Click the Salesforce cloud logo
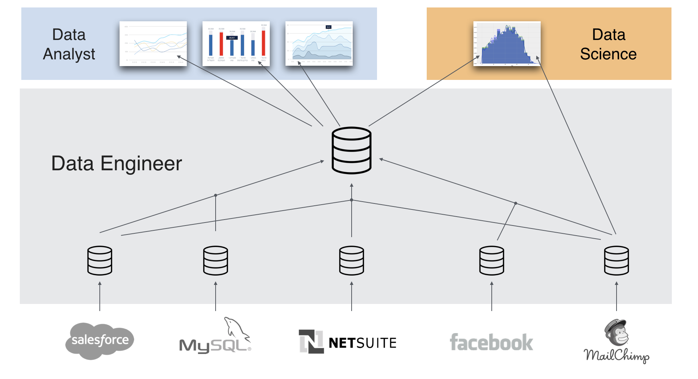[x=99, y=341]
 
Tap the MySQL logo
[x=216, y=338]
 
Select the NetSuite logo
[x=348, y=342]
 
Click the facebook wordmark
[x=491, y=342]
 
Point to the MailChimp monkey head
[x=617, y=332]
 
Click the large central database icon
[x=351, y=150]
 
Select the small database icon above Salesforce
[x=100, y=260]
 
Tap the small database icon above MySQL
[x=216, y=260]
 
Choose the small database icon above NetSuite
[x=351, y=260]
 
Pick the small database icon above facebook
[x=492, y=260]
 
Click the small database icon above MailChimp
[x=617, y=260]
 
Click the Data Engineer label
[x=117, y=164]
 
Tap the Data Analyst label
[x=69, y=44]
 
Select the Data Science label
[x=608, y=44]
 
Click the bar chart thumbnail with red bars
[x=236, y=44]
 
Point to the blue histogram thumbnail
[x=507, y=44]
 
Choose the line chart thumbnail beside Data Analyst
[x=153, y=44]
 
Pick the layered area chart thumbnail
[x=319, y=44]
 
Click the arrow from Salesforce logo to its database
[x=100, y=297]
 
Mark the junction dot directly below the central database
[x=352, y=200]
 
